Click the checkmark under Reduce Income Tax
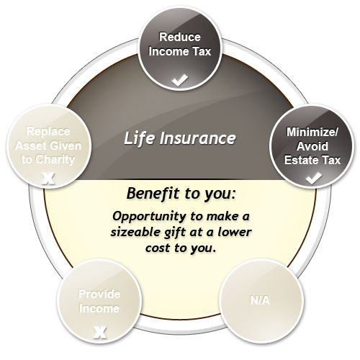[180, 80]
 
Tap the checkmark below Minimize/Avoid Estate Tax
[314, 178]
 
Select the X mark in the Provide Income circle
[100, 332]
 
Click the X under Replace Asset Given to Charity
[48, 179]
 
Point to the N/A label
[260, 300]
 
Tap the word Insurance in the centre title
[197, 138]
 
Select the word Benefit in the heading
[153, 193]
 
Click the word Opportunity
[149, 217]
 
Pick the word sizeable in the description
[135, 232]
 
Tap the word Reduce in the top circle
[180, 37]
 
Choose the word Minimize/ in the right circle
[312, 132]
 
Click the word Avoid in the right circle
[312, 146]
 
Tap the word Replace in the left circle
[48, 132]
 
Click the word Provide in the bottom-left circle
[99, 294]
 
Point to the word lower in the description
[235, 232]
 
